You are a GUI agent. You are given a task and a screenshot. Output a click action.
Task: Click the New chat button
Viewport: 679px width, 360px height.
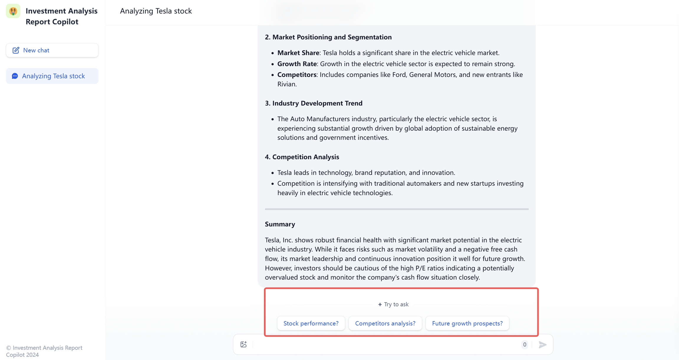52,50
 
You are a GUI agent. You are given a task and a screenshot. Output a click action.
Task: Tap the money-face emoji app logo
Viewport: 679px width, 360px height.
13,11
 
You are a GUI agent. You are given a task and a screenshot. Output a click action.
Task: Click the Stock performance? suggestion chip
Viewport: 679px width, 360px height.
311,323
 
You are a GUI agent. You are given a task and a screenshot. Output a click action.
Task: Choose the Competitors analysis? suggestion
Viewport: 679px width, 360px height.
385,323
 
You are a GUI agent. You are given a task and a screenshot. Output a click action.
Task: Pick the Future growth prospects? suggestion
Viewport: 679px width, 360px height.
467,323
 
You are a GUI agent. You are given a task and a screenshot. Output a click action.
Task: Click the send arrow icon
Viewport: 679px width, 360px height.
543,345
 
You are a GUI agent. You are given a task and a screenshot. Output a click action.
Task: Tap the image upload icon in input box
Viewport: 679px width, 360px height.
243,344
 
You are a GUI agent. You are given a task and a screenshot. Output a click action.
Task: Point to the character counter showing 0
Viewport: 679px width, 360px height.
525,345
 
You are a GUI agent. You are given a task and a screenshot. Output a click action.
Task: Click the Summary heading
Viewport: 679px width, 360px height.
280,224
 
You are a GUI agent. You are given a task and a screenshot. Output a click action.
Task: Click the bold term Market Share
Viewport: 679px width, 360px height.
298,53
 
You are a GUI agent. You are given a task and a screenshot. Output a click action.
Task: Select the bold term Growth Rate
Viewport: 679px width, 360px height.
297,64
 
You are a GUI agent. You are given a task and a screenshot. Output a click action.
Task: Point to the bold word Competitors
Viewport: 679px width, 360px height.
297,75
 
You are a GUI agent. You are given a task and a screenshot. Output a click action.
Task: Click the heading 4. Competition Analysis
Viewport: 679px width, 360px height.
302,157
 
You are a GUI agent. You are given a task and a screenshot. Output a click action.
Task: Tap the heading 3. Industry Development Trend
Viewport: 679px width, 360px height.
314,103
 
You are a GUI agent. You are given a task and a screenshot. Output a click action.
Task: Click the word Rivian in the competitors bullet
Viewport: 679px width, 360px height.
287,84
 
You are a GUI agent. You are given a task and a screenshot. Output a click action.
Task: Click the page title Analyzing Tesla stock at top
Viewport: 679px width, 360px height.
156,11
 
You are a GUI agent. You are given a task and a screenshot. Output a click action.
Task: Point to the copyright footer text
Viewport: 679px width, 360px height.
44,351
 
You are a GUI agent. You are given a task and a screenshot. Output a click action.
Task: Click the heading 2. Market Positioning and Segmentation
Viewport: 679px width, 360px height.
328,37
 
